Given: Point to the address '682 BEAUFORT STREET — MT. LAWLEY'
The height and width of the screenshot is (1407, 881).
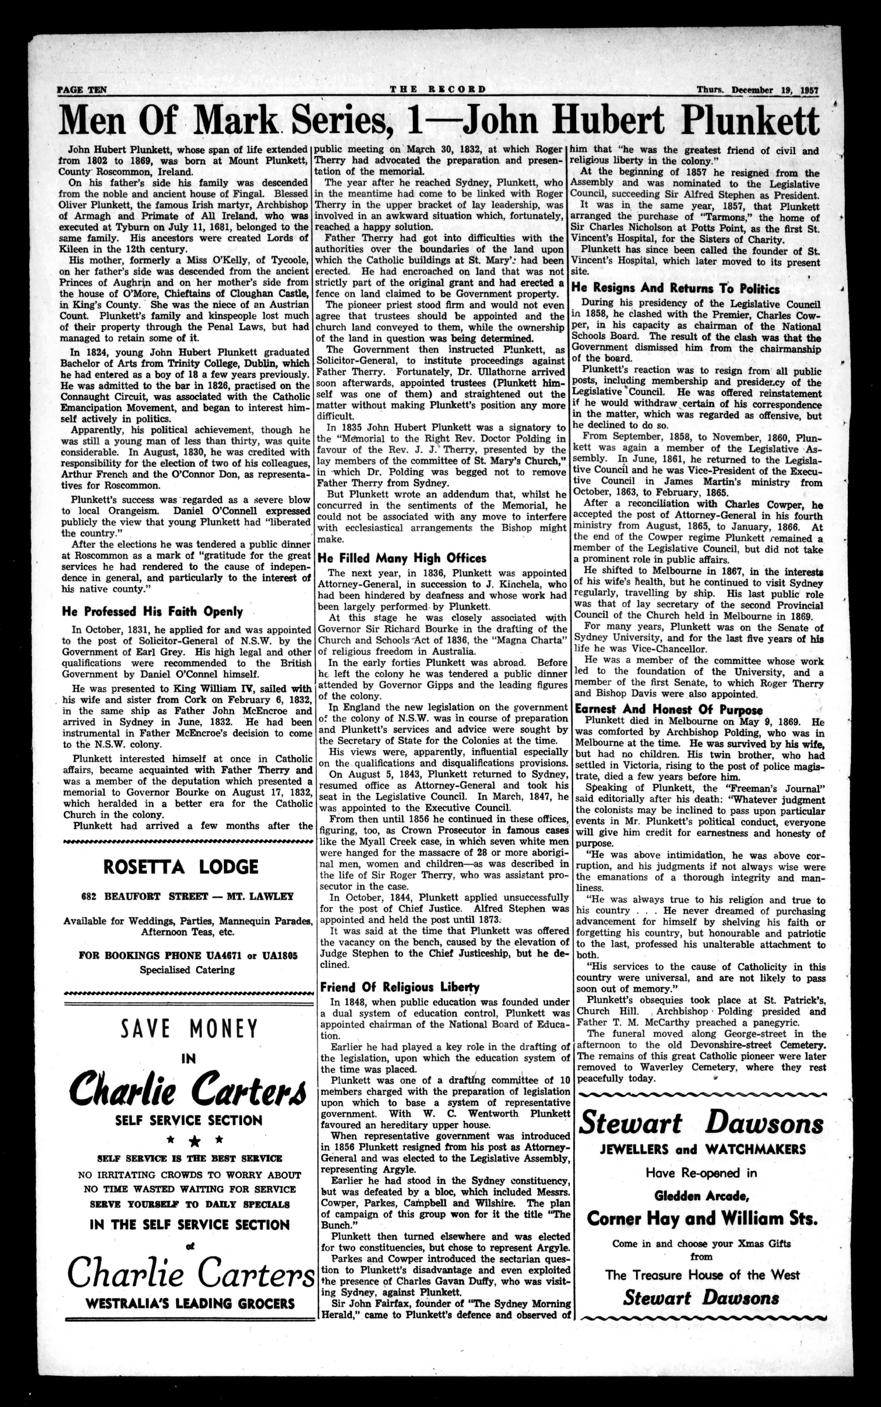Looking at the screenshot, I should pyautogui.click(x=188, y=897).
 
